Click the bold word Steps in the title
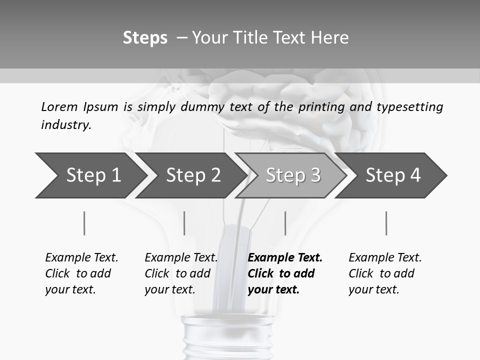(145, 38)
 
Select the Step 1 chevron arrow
(90, 175)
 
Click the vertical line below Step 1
(84, 223)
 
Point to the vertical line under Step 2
(184, 223)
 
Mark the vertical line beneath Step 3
(285, 223)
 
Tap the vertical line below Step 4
(386, 223)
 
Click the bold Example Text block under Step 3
(285, 273)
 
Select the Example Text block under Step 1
(81, 273)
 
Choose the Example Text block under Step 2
(181, 273)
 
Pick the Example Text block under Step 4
(385, 273)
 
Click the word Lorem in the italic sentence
(59, 107)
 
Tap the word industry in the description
(66, 125)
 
